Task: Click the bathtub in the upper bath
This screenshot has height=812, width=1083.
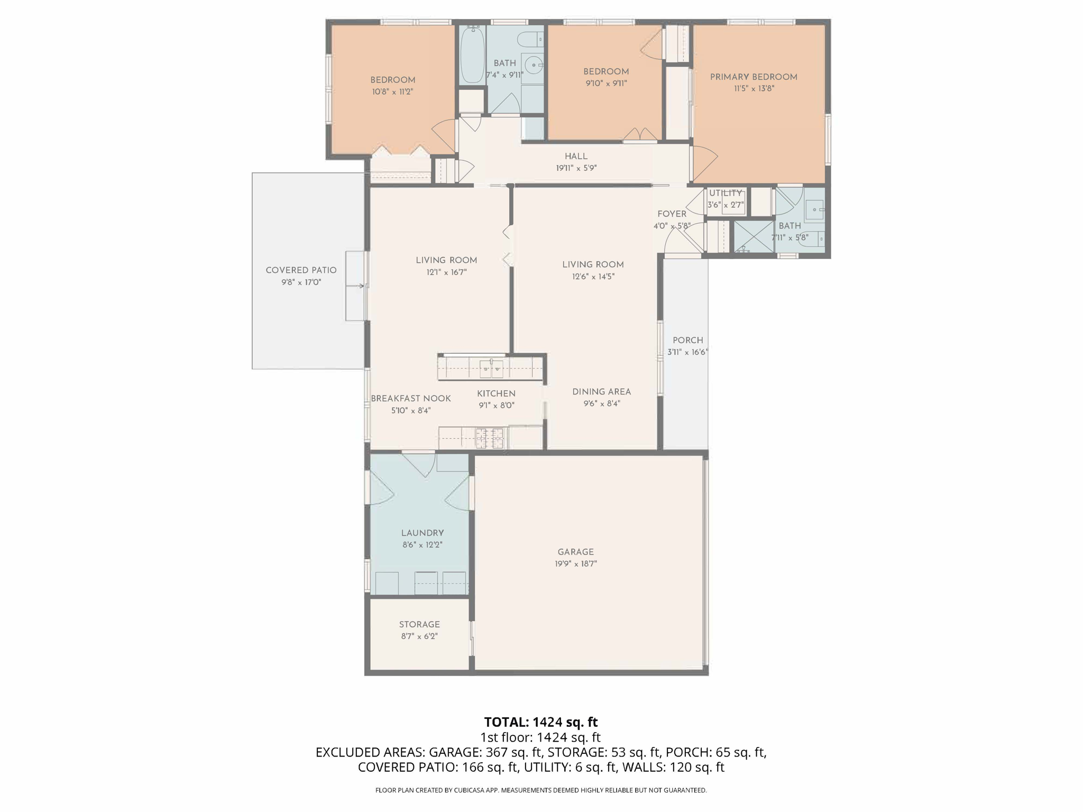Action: tap(472, 55)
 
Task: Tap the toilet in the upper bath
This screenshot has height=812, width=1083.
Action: tap(530, 39)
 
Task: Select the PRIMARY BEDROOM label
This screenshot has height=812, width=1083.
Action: tap(754, 77)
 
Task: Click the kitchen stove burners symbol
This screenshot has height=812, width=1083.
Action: tap(489, 438)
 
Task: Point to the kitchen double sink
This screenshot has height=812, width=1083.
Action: tap(491, 368)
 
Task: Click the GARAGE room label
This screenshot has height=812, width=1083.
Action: tap(575, 552)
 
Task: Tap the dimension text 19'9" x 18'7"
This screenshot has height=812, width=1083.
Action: tap(575, 564)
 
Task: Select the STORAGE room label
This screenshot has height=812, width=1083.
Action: tap(419, 624)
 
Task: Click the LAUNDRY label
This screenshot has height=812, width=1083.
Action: tap(422, 533)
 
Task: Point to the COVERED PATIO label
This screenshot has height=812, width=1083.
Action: tap(301, 270)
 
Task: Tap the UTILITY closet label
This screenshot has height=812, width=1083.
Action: tap(726, 193)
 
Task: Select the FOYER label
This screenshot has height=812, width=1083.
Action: tap(672, 214)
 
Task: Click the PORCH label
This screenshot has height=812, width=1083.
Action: tap(687, 340)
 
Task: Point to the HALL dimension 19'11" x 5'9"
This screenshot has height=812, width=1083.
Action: tap(576, 168)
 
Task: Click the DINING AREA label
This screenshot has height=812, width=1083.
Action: tap(601, 392)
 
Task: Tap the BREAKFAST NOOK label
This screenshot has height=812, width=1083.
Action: tap(411, 399)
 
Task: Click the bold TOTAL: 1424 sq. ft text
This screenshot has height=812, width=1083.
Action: tap(541, 722)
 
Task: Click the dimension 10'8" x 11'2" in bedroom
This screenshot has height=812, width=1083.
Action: tap(392, 91)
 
